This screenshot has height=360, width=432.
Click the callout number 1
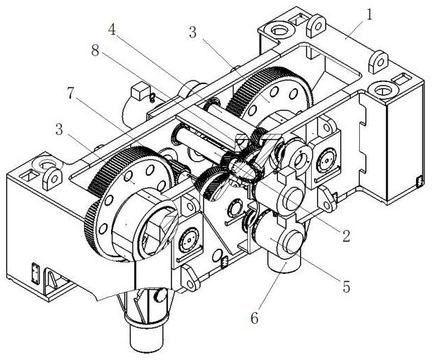pos(369,15)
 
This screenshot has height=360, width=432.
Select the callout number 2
pos(346,236)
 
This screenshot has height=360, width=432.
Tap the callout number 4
pos(112,29)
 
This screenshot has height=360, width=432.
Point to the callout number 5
pos(347,286)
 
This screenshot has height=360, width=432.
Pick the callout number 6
pos(255,318)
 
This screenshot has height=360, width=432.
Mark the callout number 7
pos(71,93)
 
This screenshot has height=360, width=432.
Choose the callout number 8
pos(95,51)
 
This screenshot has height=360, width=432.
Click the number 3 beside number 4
pos(193,32)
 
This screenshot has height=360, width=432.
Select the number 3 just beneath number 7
pos(59,129)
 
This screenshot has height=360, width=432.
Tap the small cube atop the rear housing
pos(140,90)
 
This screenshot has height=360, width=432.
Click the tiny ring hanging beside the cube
pos(152,97)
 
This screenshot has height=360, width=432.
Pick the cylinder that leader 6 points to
pos(284,263)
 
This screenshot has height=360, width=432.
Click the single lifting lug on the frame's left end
pos(52,179)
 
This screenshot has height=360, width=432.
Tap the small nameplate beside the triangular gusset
pos(36,273)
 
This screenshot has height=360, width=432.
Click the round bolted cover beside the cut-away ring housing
pos(188,240)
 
